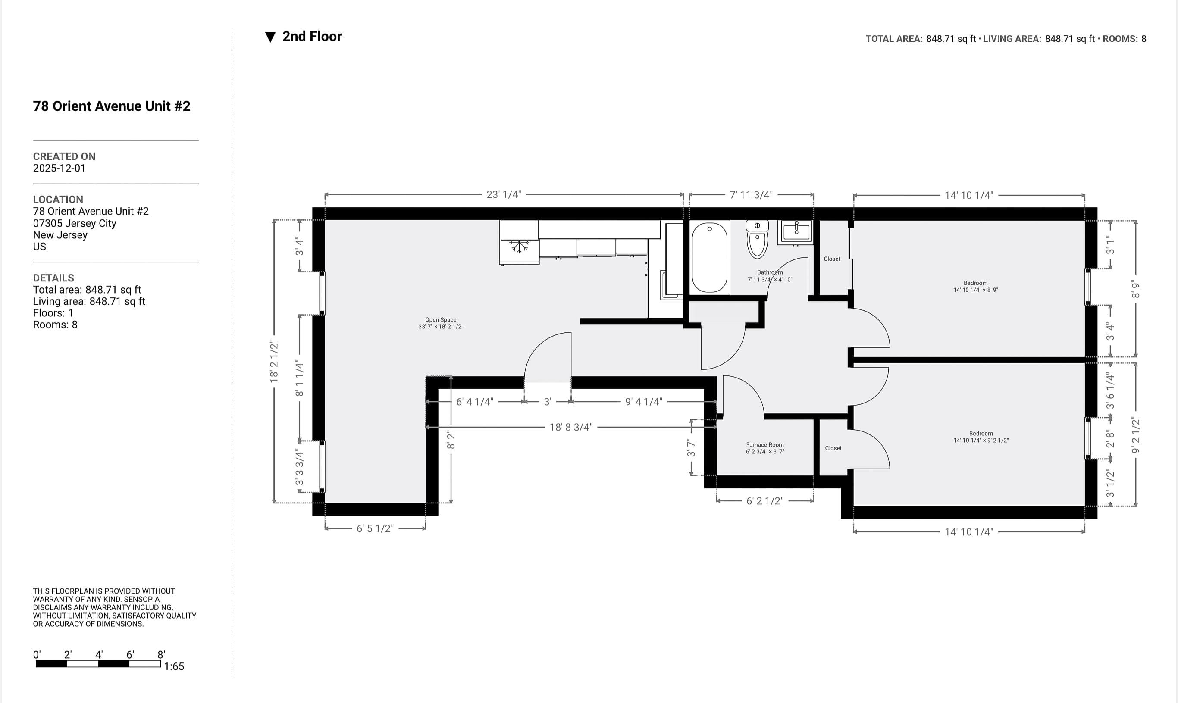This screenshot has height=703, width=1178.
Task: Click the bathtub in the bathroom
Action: (x=709, y=257)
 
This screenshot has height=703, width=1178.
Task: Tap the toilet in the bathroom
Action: (x=757, y=240)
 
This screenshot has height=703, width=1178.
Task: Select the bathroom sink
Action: (x=796, y=231)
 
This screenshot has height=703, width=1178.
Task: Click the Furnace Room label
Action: (x=765, y=448)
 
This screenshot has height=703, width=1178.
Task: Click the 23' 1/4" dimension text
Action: (x=504, y=194)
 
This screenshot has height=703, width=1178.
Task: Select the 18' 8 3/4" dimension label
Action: (x=570, y=427)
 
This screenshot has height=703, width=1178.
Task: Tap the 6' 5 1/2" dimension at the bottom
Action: (x=375, y=528)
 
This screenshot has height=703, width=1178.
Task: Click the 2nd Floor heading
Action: (x=312, y=37)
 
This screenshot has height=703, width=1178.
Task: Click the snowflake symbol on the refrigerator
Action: (x=519, y=246)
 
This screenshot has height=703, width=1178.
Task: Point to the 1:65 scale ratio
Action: (x=174, y=666)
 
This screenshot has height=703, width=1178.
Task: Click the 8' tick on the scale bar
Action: (x=161, y=655)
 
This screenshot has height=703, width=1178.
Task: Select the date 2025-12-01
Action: (x=59, y=168)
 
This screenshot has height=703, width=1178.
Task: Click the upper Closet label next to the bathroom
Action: (x=832, y=259)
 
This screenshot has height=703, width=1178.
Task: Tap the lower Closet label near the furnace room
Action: (x=833, y=448)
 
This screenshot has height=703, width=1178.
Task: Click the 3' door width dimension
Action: (x=547, y=402)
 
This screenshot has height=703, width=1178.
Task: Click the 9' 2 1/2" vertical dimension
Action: (x=1135, y=435)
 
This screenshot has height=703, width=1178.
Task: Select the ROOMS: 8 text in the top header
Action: (x=1124, y=39)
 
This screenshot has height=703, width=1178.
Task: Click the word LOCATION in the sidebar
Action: (x=58, y=200)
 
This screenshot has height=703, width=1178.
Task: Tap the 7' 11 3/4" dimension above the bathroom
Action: (x=751, y=195)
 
